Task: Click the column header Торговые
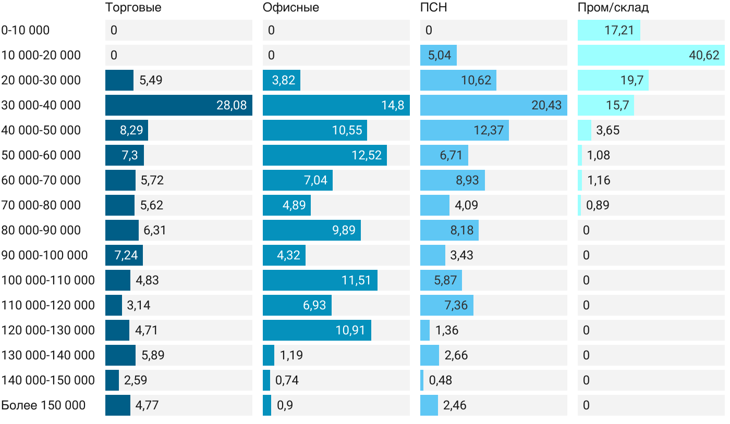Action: [x=133, y=8]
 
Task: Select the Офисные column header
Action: [x=290, y=8]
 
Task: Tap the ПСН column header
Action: [x=433, y=8]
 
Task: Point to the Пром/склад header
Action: [x=613, y=8]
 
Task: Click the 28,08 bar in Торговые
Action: [x=178, y=105]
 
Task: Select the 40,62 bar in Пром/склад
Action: [x=651, y=55]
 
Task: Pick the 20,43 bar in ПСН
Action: [x=493, y=105]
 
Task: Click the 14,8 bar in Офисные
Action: [x=336, y=105]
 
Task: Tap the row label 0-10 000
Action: [x=26, y=30]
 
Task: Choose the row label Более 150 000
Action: [x=43, y=405]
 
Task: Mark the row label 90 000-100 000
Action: [x=44, y=255]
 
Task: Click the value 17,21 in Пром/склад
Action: [x=619, y=30]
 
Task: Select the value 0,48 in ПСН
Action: [x=440, y=380]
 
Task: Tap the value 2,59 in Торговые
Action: [x=136, y=380]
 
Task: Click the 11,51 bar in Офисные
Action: [x=320, y=280]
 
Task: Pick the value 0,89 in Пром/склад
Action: [x=598, y=205]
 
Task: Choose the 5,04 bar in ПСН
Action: [x=438, y=55]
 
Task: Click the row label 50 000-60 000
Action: [x=41, y=155]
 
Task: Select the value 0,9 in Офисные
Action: [x=285, y=405]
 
